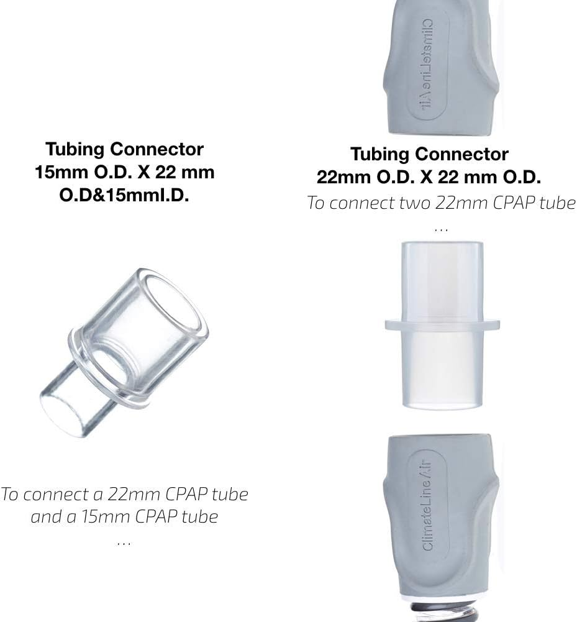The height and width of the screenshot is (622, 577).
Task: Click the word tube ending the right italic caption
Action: [x=554, y=203]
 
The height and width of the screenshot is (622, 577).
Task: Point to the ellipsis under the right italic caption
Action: [x=440, y=229]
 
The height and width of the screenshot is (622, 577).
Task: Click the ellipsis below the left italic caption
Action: [x=124, y=542]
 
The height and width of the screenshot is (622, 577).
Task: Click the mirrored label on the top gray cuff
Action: [x=428, y=62]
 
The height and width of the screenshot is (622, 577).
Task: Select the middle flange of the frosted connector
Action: [x=442, y=324]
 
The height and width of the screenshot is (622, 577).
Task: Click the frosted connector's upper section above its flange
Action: [x=442, y=280]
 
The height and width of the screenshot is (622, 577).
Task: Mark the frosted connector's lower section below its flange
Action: [x=442, y=370]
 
